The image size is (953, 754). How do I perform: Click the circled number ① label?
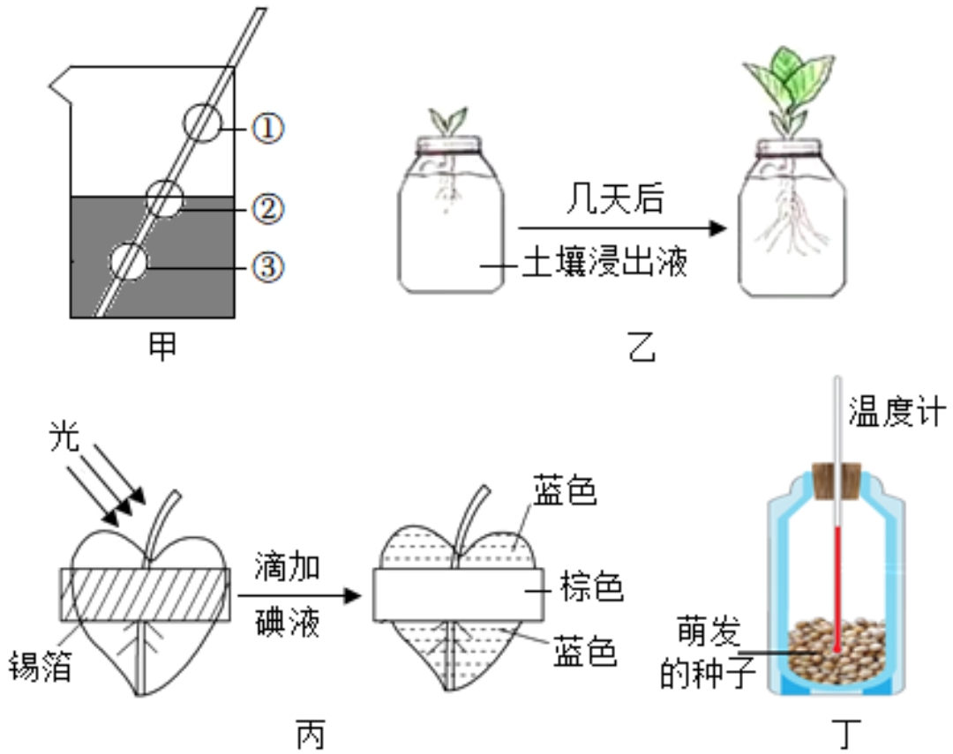(268, 130)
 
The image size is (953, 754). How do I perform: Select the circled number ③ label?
(268, 265)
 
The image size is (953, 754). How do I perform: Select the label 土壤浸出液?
(604, 264)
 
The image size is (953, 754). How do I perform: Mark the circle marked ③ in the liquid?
(128, 262)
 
